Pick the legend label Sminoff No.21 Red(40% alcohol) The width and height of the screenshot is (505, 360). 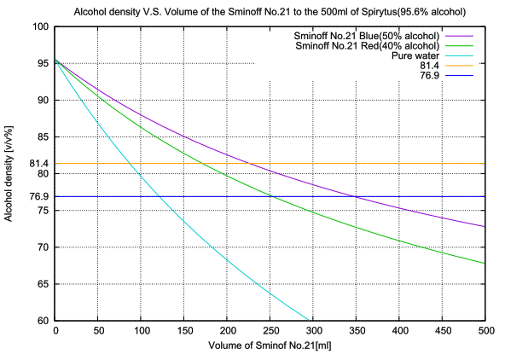(x=368, y=45)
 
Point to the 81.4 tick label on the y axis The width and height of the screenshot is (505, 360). (x=39, y=163)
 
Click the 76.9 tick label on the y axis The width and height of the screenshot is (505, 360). (x=39, y=196)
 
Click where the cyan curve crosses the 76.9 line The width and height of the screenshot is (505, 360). (x=160, y=196)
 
